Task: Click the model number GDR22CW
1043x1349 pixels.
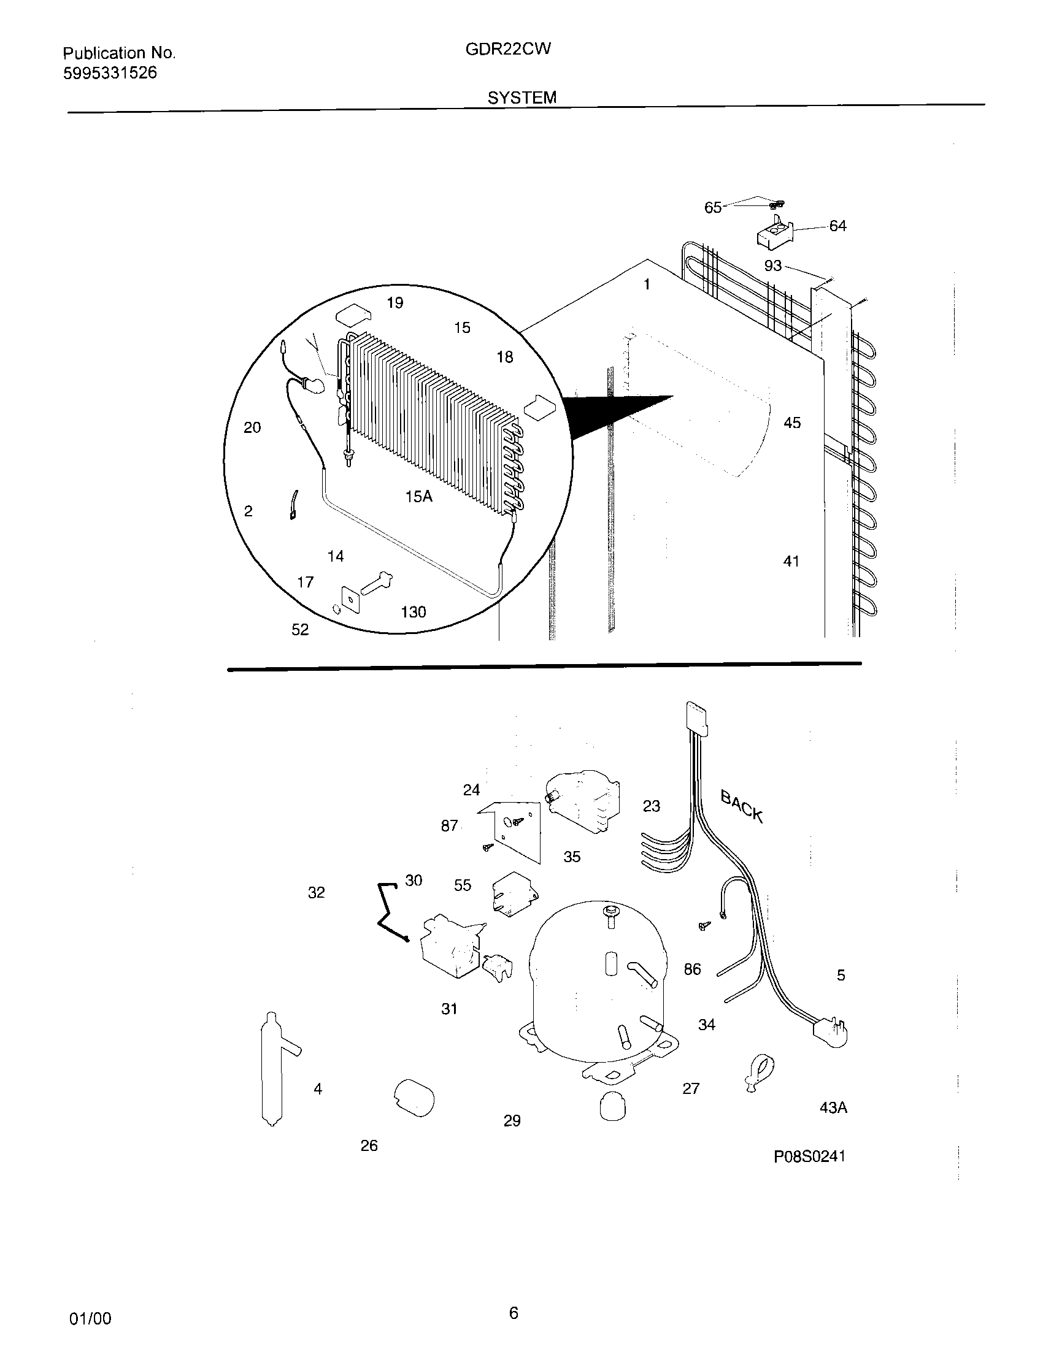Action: tap(507, 49)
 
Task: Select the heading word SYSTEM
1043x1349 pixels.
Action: tap(521, 97)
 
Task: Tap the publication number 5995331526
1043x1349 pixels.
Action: tap(109, 73)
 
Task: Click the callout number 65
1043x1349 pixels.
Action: tap(712, 207)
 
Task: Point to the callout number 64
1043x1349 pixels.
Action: tap(837, 226)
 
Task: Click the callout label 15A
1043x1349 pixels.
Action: tap(418, 496)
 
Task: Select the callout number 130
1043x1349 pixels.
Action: tap(413, 611)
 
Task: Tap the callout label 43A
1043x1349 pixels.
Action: tap(833, 1108)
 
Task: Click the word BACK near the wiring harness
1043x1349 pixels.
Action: tap(742, 806)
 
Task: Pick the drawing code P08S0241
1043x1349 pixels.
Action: tap(809, 1156)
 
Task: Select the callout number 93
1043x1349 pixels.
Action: tap(772, 266)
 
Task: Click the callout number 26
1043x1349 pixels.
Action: tap(369, 1146)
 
